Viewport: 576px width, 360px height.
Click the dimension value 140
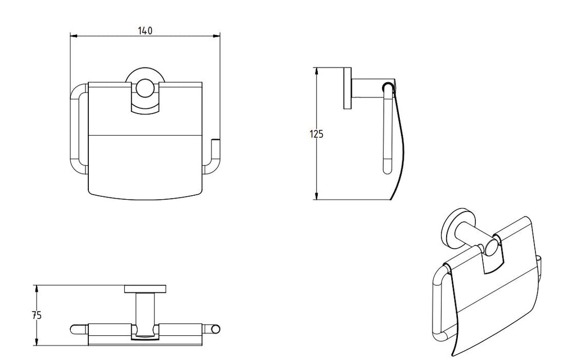tap(145, 31)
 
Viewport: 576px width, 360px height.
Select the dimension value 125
tap(317, 134)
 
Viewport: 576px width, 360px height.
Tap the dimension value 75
tap(37, 315)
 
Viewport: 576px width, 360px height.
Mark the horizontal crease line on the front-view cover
tap(145, 135)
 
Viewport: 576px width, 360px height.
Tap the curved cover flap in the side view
tap(400, 146)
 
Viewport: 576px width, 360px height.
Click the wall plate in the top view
tap(145, 289)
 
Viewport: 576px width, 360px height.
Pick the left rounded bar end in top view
tap(75, 329)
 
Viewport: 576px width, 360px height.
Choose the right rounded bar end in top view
tap(215, 329)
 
